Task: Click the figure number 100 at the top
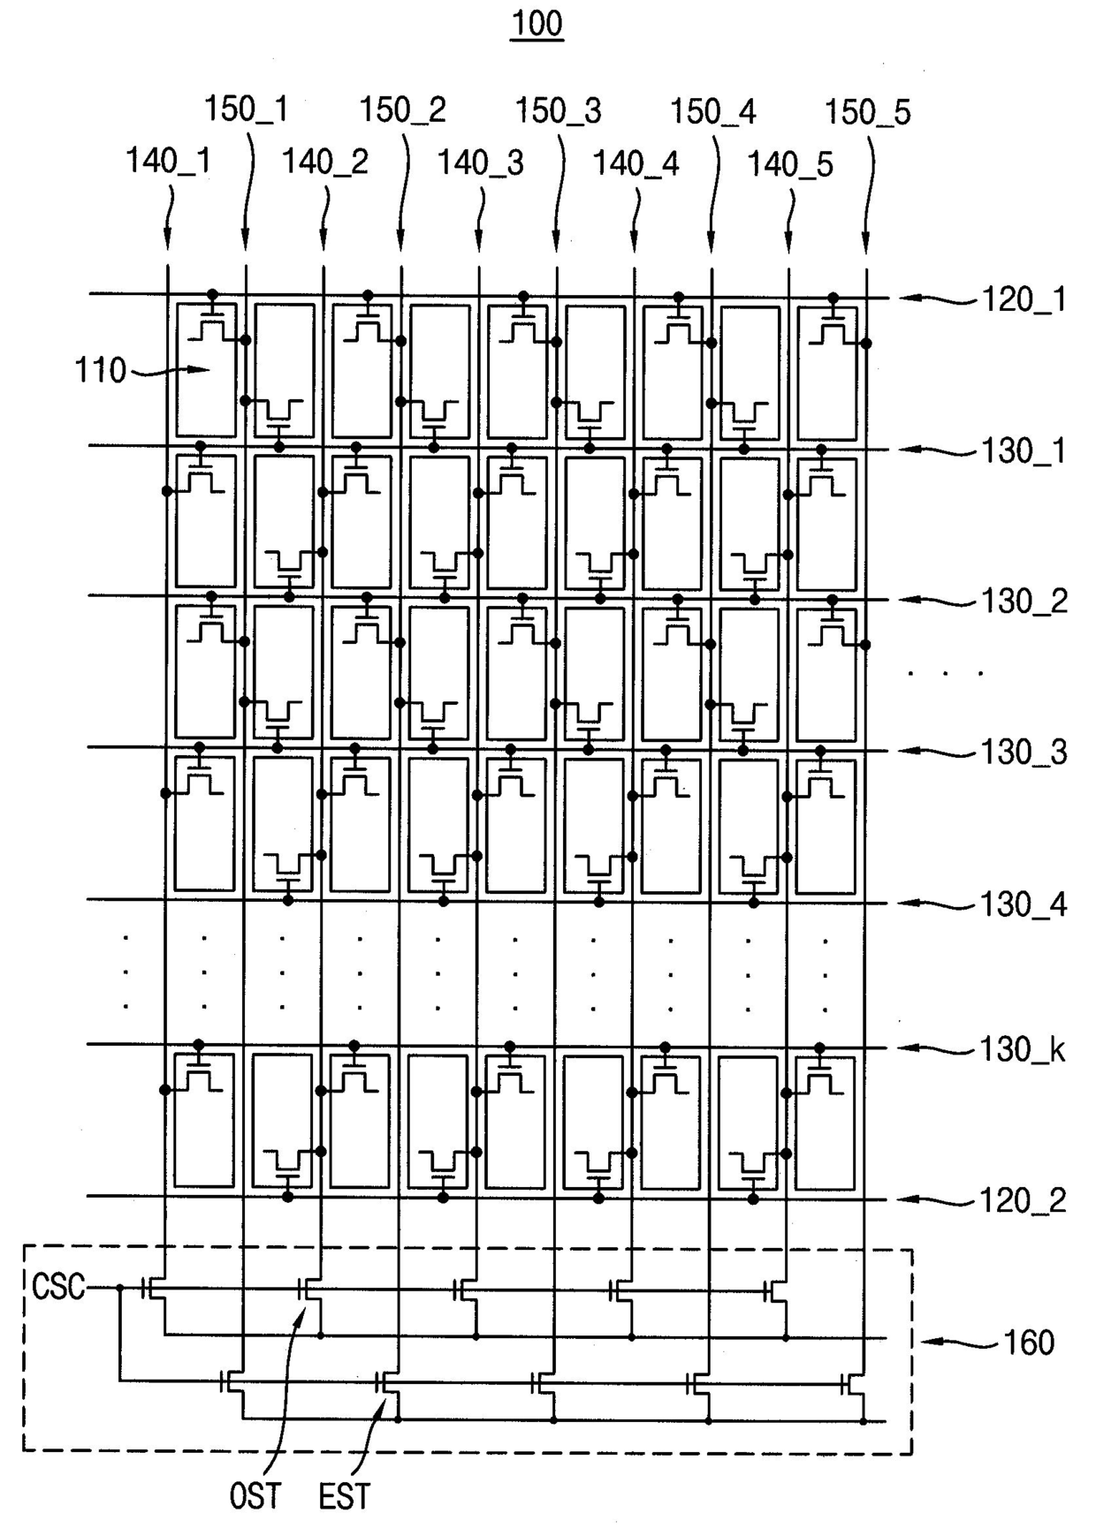(537, 24)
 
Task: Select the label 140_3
(480, 163)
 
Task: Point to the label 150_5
(867, 112)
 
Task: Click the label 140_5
(790, 164)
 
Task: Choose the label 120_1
(1024, 300)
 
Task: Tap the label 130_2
(1024, 601)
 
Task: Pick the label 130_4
(1024, 905)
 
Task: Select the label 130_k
(1022, 1050)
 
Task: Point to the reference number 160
(1029, 1343)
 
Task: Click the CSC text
(58, 1287)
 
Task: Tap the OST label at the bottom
(255, 1497)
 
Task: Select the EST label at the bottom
(344, 1497)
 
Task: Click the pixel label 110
(100, 371)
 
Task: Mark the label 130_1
(1024, 451)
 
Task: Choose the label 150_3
(558, 111)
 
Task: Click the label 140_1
(168, 161)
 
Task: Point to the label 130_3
(1024, 753)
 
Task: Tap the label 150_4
(712, 112)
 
